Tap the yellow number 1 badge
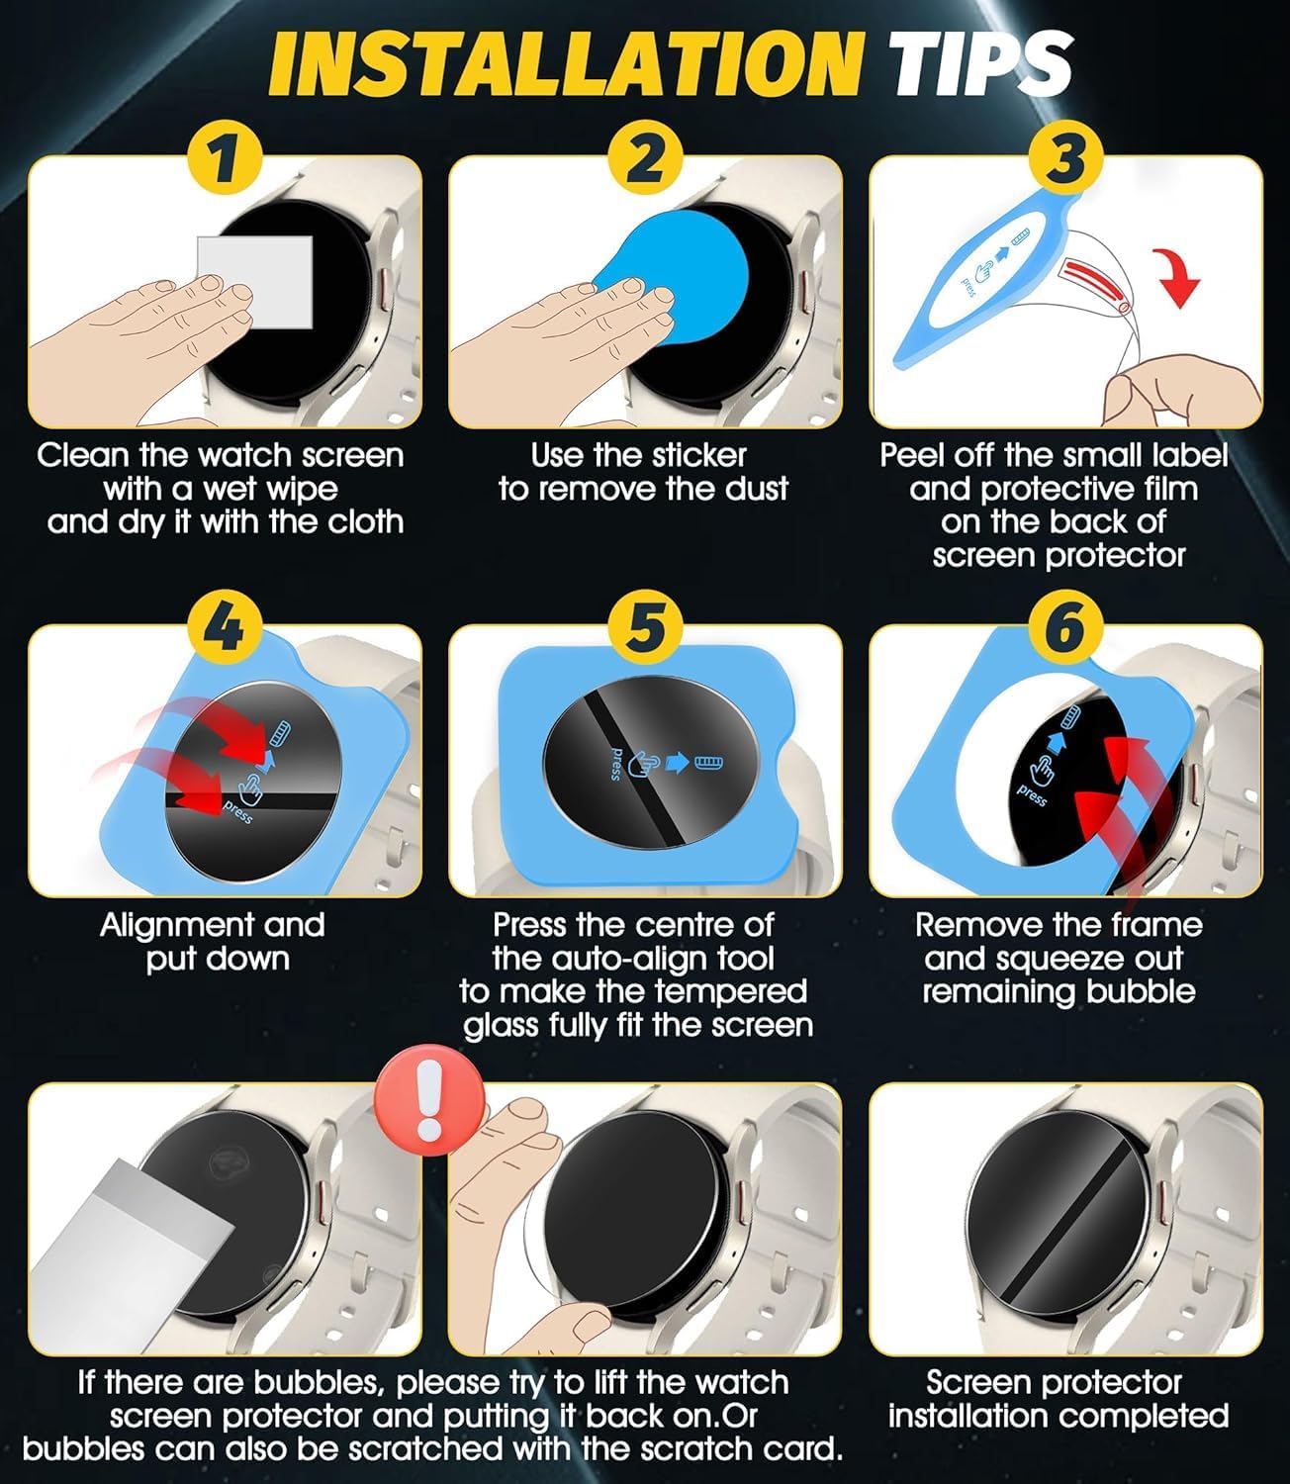[225, 159]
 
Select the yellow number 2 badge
[645, 159]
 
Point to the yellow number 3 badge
[1066, 159]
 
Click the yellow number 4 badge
[225, 628]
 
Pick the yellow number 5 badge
[645, 628]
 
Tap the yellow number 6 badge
[1066, 628]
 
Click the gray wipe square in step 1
[255, 281]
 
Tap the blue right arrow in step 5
[678, 763]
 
